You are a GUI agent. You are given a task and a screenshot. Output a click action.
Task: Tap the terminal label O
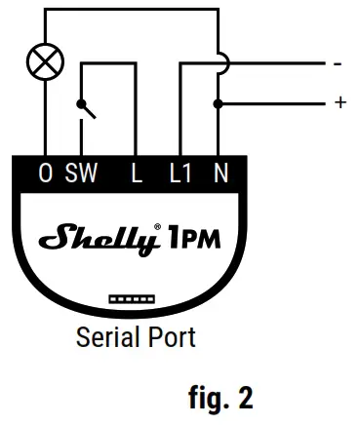click(45, 174)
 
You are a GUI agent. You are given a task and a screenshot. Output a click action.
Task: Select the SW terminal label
click(82, 174)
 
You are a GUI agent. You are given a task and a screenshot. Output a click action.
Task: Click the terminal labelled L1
click(182, 174)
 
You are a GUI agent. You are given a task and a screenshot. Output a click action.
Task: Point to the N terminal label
click(220, 174)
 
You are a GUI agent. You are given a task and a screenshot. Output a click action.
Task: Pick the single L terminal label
click(138, 174)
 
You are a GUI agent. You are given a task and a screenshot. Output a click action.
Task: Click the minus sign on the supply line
click(337, 65)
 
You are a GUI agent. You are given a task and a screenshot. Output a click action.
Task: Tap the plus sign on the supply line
click(339, 101)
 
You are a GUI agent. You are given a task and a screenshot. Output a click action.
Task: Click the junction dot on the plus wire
click(220, 101)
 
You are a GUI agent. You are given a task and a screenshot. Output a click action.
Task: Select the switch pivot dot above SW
click(81, 103)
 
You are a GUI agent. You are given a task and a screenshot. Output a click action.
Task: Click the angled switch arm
click(90, 110)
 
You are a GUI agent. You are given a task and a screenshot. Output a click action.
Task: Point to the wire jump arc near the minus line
click(223, 62)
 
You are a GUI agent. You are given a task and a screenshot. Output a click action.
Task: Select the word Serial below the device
click(105, 337)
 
